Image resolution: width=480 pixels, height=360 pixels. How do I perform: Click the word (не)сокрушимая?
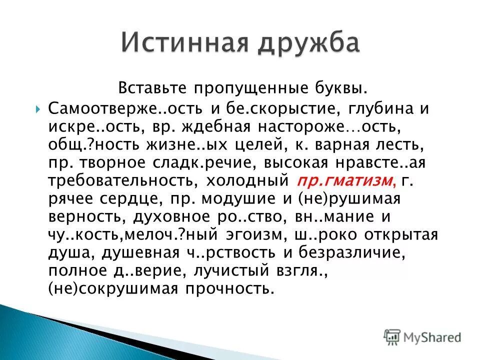click(105, 288)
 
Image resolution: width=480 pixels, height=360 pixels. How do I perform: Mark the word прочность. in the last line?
click(223, 288)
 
